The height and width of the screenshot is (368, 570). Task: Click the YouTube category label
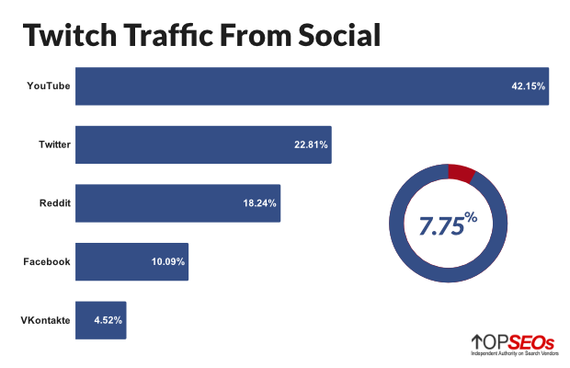(x=49, y=86)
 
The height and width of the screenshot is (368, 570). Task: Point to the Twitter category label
(x=54, y=145)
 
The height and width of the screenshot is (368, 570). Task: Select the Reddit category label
(x=55, y=203)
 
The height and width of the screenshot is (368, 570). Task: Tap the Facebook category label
(x=47, y=262)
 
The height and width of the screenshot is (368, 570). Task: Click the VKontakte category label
(x=45, y=320)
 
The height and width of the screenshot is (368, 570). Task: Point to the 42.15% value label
(x=528, y=86)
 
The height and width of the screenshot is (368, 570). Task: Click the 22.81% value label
(x=311, y=145)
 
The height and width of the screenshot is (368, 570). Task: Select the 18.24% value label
(x=260, y=203)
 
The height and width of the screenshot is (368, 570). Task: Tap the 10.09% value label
(x=168, y=262)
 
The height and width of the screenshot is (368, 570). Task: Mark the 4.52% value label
(x=108, y=320)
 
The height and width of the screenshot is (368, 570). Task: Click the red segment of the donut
(x=461, y=173)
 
